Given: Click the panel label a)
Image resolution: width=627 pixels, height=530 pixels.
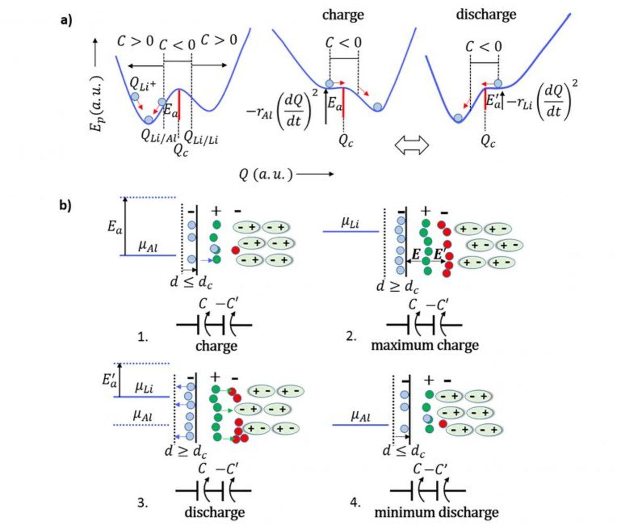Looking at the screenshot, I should [x=66, y=20].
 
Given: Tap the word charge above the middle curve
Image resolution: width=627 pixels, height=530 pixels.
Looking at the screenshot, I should [x=343, y=14].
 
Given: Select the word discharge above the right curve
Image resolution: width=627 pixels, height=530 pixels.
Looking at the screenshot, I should [x=486, y=14].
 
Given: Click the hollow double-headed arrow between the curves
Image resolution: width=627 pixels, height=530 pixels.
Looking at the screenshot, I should [x=412, y=145].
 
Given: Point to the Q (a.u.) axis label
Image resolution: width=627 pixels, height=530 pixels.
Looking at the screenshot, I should [x=265, y=175].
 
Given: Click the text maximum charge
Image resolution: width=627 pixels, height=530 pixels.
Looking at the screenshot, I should [x=425, y=345].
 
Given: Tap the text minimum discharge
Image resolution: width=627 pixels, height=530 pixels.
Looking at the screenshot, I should [x=436, y=512].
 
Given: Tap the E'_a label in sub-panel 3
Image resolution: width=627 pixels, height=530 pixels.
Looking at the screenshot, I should [x=109, y=380].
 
